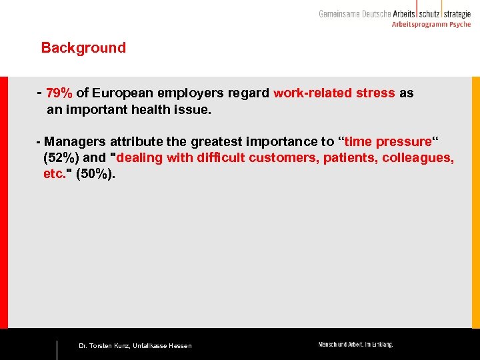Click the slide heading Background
[83, 48]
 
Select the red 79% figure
[59, 93]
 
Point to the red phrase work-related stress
[334, 93]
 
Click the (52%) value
[61, 158]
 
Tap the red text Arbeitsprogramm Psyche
[431, 25]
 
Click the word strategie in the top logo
[457, 13]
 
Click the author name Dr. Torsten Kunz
[104, 345]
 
